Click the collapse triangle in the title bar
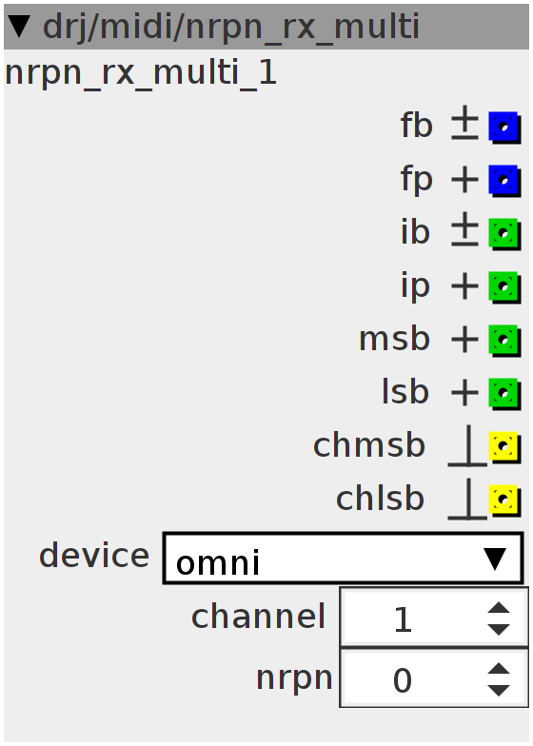(x=20, y=26)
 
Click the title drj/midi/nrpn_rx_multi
(x=231, y=27)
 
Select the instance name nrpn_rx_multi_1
(x=141, y=74)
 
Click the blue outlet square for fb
(x=504, y=128)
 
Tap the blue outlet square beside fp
(x=504, y=181)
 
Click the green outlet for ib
(x=504, y=234)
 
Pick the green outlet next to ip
(x=504, y=287)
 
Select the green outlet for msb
(x=504, y=341)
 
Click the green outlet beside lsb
(x=504, y=394)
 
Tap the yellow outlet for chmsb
(x=504, y=447)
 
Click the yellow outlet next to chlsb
(x=504, y=501)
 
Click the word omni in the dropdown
(x=218, y=563)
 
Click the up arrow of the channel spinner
(x=499, y=608)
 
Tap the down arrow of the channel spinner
(x=499, y=629)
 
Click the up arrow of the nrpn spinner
(x=499, y=668)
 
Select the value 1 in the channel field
(x=404, y=620)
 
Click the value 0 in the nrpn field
(x=402, y=680)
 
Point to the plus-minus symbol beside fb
(x=464, y=123)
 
